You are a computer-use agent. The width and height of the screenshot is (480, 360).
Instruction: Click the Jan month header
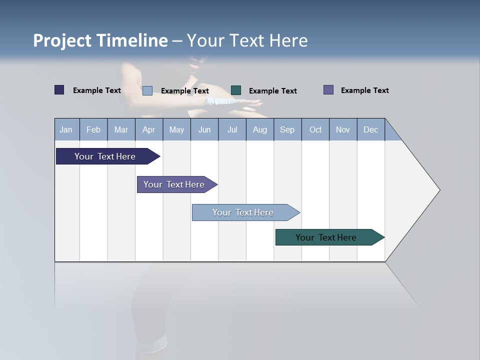pos(66,130)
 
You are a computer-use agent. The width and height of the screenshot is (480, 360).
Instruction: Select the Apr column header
pos(148,130)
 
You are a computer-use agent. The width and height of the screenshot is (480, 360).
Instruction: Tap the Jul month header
pos(232,130)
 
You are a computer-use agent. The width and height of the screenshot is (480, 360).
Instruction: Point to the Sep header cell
pos(287,130)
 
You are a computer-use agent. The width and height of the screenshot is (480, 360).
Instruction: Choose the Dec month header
pos(370,130)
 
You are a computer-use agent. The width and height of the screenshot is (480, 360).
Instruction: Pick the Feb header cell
pos(93,130)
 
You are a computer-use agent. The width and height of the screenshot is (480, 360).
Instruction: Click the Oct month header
pos(315,130)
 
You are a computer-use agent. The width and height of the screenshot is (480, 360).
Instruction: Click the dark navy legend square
pos(59,90)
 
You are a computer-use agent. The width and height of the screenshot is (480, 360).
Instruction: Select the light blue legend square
pos(147,90)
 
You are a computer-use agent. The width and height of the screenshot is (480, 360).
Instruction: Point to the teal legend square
pos(236,90)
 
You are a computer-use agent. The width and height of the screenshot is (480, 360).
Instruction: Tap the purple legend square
pos(328,90)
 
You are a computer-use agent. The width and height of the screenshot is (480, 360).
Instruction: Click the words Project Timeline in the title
pos(100,40)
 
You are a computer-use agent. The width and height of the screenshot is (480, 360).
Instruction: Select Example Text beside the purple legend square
pos(364,90)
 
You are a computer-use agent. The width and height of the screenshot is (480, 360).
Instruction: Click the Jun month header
pos(204,130)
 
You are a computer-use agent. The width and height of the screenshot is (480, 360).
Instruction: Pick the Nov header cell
pos(343,130)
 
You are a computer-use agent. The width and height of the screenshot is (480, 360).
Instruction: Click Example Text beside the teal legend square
pos(272,91)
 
